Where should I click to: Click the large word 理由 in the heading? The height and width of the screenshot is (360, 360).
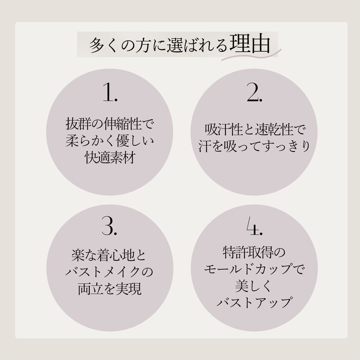click(x=250, y=43)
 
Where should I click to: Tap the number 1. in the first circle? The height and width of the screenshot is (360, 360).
click(x=110, y=92)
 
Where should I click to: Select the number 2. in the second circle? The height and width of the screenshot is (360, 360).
click(x=254, y=92)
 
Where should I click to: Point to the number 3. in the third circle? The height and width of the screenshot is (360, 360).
click(x=109, y=226)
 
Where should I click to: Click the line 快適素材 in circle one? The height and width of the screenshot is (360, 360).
click(x=110, y=158)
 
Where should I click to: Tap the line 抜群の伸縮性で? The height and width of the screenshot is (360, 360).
click(x=110, y=124)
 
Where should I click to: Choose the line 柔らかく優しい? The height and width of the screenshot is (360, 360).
click(x=110, y=141)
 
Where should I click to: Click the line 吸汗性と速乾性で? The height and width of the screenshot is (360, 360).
click(x=254, y=130)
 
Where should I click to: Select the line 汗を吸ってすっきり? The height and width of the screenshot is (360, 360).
click(x=254, y=146)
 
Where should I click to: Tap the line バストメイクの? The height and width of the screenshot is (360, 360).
click(x=109, y=272)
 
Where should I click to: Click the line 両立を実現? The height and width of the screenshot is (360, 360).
click(x=109, y=288)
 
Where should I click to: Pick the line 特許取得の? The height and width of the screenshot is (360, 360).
click(x=254, y=252)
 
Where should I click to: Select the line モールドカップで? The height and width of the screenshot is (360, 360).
click(x=254, y=269)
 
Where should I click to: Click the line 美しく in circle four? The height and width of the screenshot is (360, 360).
click(x=253, y=286)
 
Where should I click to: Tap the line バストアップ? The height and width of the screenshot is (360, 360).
click(x=254, y=302)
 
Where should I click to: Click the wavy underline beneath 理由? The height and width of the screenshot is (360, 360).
click(x=251, y=55)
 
